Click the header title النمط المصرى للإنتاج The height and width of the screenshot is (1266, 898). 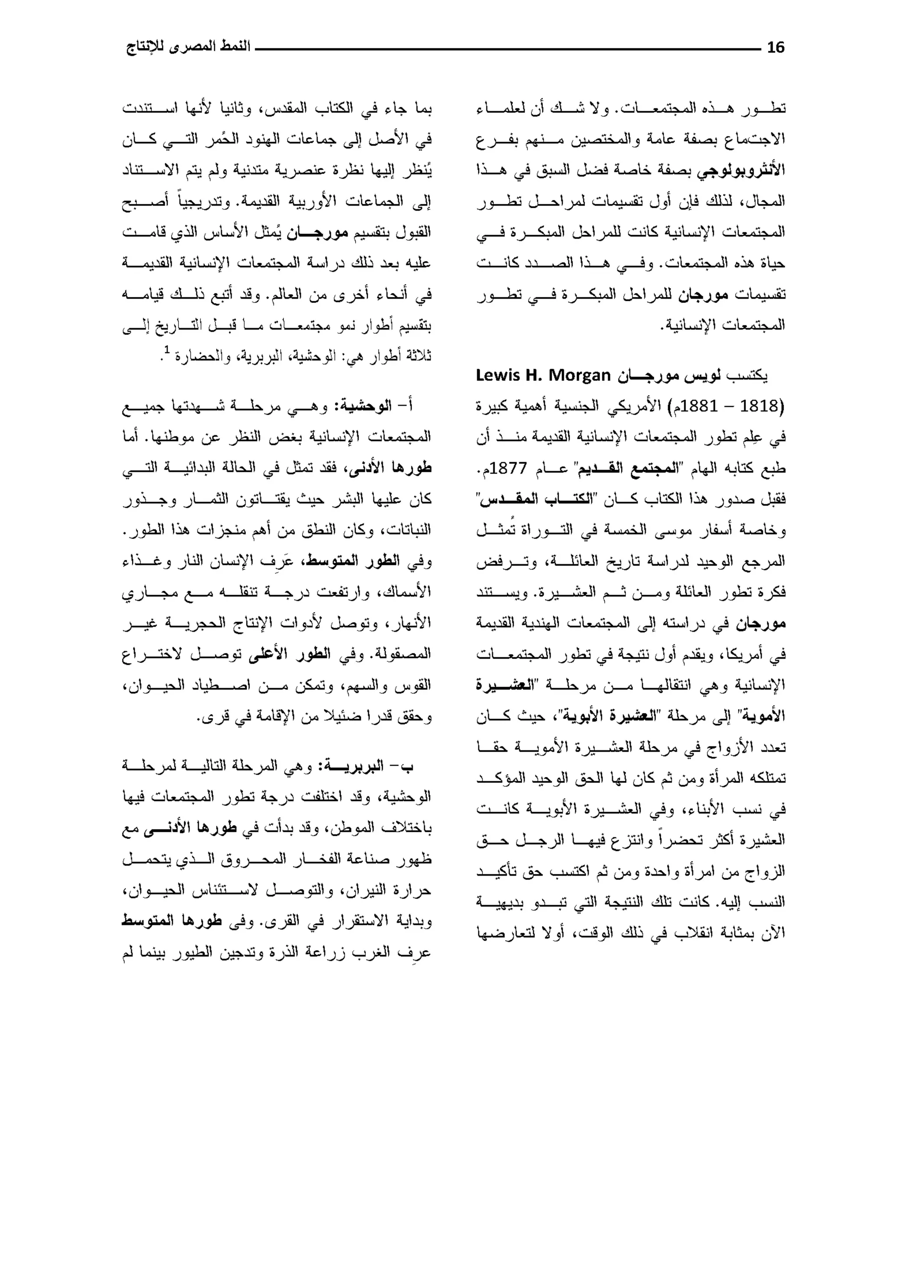click(188, 47)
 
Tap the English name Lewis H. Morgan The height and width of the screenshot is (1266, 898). click(543, 375)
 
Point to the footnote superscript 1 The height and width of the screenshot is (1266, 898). click(166, 349)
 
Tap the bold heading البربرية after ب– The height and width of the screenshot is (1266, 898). click(354, 767)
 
